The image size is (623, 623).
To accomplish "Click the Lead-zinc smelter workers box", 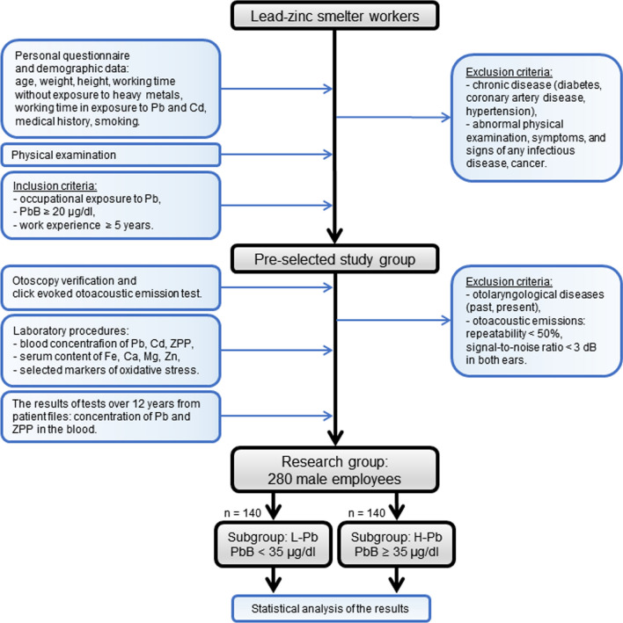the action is tap(334, 16).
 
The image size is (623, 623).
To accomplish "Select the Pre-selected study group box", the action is tap(334, 259).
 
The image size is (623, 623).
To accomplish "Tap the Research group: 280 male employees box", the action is tap(334, 470).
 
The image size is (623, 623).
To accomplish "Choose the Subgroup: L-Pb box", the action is tap(273, 544).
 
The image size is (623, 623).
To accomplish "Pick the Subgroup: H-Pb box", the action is tap(396, 544).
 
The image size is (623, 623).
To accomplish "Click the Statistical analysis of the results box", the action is tap(331, 608).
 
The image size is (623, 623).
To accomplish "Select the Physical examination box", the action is tap(111, 155).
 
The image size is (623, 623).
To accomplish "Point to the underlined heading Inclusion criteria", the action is tap(55, 186).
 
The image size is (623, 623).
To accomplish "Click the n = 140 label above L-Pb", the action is tap(242, 513).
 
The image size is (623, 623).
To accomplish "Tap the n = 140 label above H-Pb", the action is tap(366, 513).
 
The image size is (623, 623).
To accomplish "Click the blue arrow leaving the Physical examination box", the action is tap(276, 154).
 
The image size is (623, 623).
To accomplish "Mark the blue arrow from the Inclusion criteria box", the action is tap(276, 206).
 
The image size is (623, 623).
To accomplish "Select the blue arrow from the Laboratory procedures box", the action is tap(276, 350).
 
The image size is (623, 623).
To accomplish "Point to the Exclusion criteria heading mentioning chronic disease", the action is tap(509, 72).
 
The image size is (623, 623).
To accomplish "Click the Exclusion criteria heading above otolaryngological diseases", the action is tap(509, 281).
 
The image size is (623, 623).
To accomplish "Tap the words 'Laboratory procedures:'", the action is tap(70, 330).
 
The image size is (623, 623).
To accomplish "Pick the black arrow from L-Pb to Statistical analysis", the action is tap(273, 580).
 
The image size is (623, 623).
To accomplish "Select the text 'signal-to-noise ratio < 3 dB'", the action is tap(531, 347).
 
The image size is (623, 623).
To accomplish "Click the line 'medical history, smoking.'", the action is tap(77, 120).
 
